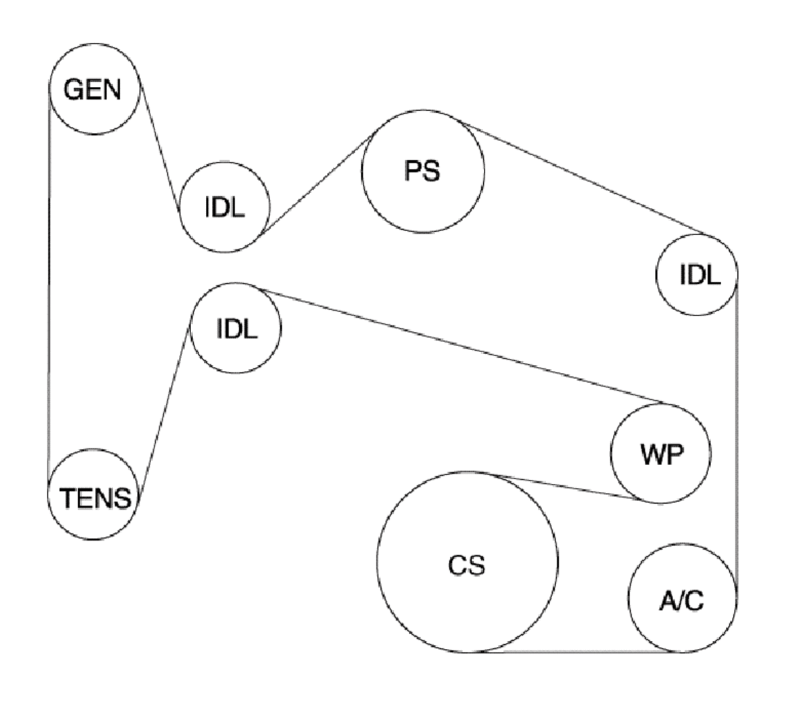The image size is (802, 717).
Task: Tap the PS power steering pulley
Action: coord(422,172)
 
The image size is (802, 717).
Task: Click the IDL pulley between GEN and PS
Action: coord(225,208)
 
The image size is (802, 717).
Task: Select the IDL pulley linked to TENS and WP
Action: coord(237,327)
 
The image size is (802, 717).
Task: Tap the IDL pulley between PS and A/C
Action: coord(697,274)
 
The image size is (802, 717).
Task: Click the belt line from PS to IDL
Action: coord(581,177)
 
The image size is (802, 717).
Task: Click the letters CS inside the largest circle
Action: coord(466,566)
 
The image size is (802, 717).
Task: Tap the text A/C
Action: coord(681,601)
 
